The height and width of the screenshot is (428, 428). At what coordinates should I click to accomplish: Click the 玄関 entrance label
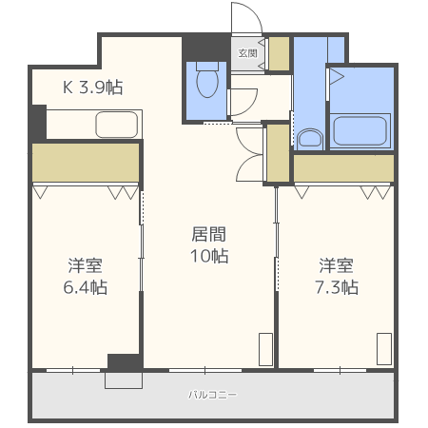click(246, 53)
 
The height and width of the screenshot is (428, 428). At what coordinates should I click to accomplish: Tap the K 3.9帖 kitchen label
click(92, 88)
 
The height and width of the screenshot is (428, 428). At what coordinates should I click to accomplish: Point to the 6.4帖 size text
click(85, 287)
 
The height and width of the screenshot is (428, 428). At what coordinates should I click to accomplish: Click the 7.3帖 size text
click(337, 287)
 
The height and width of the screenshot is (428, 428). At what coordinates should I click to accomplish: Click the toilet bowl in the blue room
click(206, 84)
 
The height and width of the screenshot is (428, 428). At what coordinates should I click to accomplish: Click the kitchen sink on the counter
click(117, 124)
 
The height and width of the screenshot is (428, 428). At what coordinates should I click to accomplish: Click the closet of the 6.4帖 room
click(86, 163)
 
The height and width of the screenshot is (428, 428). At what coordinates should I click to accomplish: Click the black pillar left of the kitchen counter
click(37, 122)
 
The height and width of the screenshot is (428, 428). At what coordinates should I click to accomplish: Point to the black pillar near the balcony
click(124, 361)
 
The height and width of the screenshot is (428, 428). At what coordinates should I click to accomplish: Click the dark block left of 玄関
click(205, 46)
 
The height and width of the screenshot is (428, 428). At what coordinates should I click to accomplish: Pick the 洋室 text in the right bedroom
click(338, 263)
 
